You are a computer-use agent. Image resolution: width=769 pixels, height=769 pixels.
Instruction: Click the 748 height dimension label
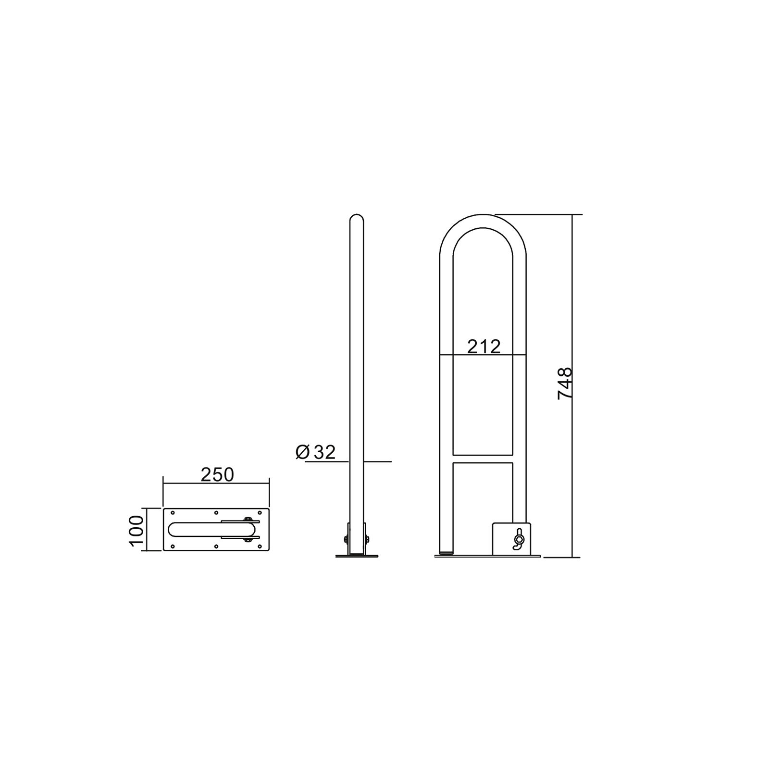point(565,383)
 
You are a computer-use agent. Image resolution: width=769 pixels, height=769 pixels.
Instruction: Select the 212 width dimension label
point(484,347)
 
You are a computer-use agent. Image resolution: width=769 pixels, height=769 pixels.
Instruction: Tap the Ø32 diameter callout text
point(316,452)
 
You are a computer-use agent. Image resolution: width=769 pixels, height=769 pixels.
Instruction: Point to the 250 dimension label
point(217,475)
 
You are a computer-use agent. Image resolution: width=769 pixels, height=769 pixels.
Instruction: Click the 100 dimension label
point(136,530)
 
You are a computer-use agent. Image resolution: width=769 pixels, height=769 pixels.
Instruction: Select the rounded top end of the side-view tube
point(356,218)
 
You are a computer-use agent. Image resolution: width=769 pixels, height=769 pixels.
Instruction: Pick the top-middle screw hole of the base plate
point(216,513)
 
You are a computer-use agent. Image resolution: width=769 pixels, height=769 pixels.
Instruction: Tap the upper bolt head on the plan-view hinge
point(248,519)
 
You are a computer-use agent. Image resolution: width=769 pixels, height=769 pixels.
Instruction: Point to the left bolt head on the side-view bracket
point(346,539)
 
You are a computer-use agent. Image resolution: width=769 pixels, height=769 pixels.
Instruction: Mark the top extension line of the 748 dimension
point(538,214)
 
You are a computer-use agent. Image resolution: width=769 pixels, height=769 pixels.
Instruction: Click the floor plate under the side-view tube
point(357,557)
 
